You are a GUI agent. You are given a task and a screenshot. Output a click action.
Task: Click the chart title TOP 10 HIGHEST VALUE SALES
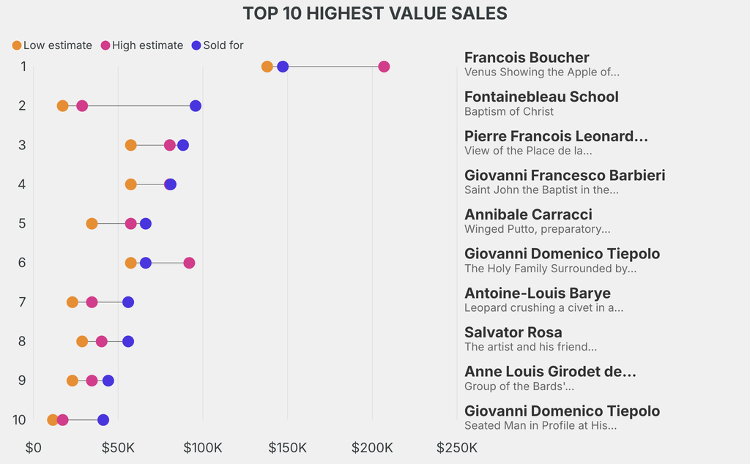[x=374, y=13]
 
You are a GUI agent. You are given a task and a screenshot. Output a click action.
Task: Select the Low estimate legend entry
[x=51, y=45]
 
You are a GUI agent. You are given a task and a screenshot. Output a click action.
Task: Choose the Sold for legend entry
[x=217, y=45]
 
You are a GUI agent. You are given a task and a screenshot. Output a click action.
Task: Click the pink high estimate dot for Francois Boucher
[x=384, y=67]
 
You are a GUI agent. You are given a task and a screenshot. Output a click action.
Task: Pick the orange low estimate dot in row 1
[x=267, y=67]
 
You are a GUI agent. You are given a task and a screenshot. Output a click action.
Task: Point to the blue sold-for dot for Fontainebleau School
[x=196, y=106]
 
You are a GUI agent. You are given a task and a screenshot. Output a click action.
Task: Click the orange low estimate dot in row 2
[x=63, y=106]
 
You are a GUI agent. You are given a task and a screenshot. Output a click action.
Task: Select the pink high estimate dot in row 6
[x=189, y=263]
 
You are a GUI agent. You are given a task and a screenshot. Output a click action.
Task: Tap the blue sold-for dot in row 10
[x=103, y=420]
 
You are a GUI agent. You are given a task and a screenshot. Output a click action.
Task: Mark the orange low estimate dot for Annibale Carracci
[x=92, y=223]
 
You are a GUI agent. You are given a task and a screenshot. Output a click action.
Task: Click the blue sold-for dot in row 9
[x=108, y=381]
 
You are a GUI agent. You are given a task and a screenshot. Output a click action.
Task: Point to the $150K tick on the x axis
[x=287, y=447]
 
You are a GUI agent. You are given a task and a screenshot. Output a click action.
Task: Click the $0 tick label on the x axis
[x=34, y=447]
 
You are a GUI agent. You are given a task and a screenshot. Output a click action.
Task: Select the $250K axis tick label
[x=457, y=447]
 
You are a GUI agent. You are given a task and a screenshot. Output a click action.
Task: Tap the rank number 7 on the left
[x=22, y=302]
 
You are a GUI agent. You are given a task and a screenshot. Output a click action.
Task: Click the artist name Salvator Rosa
[x=513, y=332]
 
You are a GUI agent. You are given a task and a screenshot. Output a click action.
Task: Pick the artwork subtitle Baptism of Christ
[x=509, y=111]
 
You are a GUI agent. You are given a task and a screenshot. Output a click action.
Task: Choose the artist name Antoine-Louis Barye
[x=538, y=293]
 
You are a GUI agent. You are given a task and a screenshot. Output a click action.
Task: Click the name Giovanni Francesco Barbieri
[x=565, y=176]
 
